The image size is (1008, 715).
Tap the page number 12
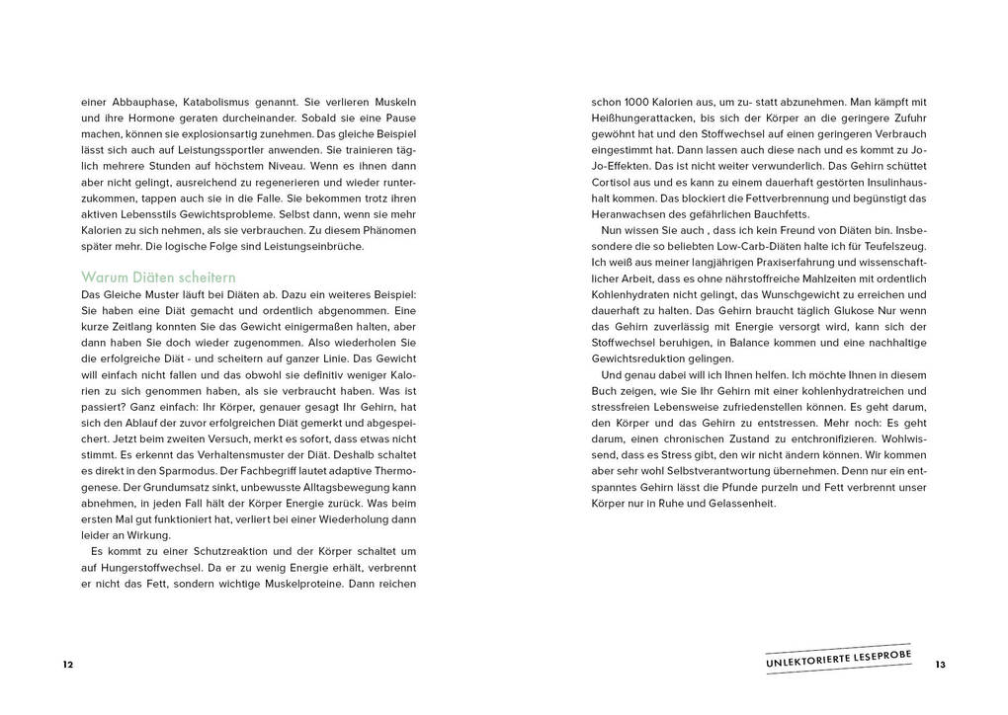click(67, 665)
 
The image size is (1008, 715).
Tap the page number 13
click(940, 665)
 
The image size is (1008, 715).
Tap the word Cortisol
click(613, 181)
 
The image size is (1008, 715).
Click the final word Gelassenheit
click(739, 504)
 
